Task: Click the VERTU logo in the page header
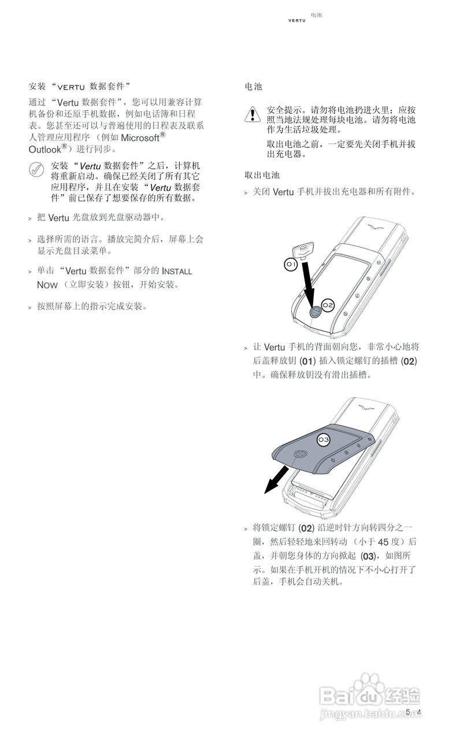[x=297, y=21]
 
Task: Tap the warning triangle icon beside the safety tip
[x=253, y=114]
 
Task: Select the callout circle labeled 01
[x=291, y=264]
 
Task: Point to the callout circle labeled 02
[x=328, y=305]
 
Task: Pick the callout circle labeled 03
[x=324, y=440]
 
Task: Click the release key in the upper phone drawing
[x=302, y=250]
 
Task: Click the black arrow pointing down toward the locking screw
[x=309, y=283]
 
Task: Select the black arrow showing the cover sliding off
[x=276, y=480]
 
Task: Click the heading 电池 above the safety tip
[x=253, y=87]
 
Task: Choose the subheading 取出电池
[x=262, y=174]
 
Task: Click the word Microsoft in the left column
[x=140, y=138]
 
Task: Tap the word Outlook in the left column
[x=45, y=149]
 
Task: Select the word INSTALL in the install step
[x=177, y=271]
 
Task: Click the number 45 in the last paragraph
[x=384, y=542]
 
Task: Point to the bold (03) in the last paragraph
[x=368, y=557]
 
